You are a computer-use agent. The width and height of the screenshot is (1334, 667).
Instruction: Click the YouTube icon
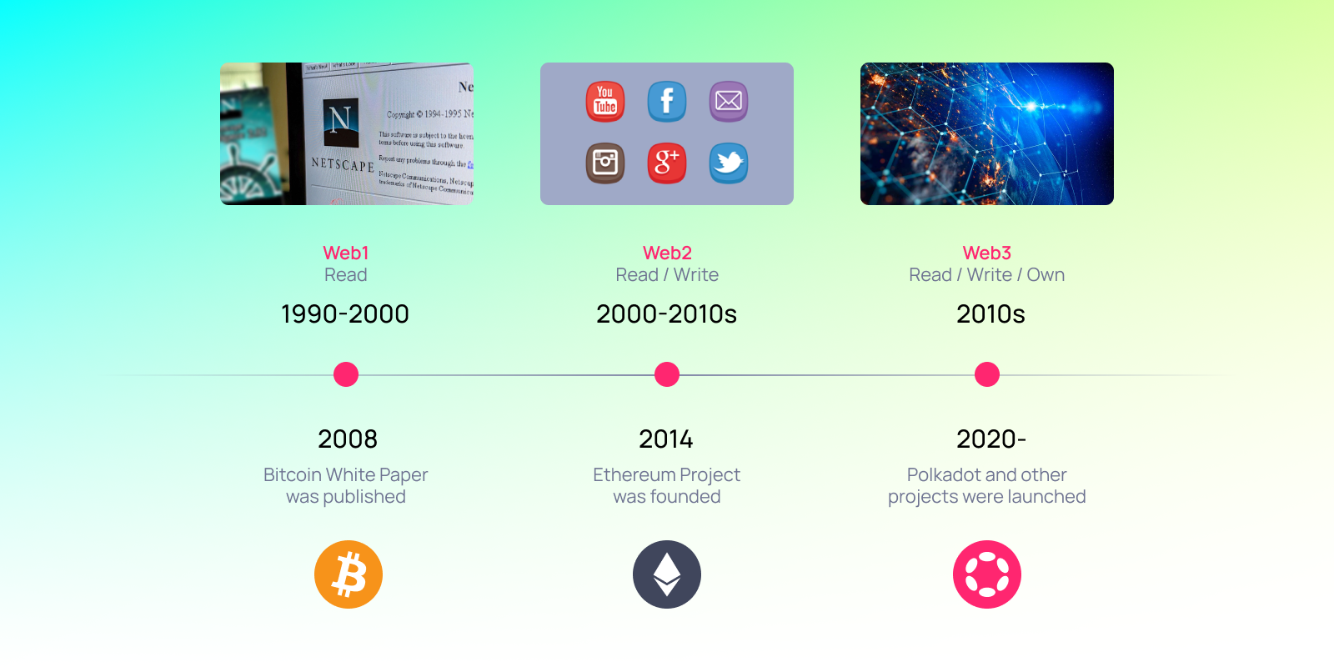point(605,102)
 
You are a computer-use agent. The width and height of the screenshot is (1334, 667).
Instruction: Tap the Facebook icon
point(667,102)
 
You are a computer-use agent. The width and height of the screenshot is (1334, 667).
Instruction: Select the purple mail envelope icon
point(729,102)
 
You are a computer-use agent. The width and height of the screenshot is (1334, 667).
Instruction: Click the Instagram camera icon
point(605,163)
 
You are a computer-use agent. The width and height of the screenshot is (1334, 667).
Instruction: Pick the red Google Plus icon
point(667,163)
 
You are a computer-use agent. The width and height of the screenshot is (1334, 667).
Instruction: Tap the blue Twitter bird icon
point(729,163)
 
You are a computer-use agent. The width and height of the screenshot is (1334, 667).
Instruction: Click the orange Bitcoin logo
point(349,574)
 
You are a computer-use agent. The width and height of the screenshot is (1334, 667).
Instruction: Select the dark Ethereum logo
point(667,574)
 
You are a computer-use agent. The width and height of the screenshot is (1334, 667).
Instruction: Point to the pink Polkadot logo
point(987,574)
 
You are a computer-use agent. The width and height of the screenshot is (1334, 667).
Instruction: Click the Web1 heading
point(346,253)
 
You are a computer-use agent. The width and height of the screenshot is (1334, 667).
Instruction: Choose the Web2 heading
point(667,253)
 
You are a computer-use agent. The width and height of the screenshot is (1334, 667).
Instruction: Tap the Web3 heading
point(987,253)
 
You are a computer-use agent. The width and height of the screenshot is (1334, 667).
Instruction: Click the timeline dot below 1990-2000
point(346,374)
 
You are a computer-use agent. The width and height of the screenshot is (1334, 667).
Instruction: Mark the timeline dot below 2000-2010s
point(667,374)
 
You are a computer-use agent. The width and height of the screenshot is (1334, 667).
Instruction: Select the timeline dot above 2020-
point(987,374)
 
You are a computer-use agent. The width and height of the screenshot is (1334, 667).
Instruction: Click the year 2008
point(348,439)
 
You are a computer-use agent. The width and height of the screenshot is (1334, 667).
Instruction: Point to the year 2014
point(666,439)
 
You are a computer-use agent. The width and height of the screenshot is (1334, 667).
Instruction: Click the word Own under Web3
point(1046,275)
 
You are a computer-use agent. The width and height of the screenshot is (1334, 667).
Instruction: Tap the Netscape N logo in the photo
point(340,122)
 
